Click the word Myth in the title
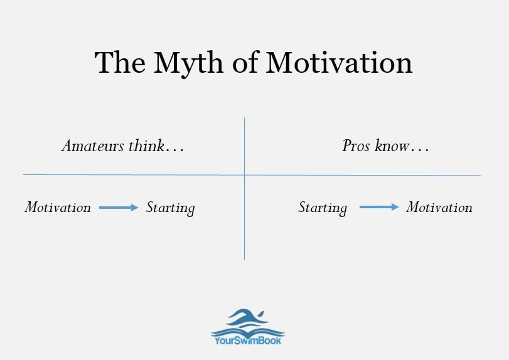point(188,64)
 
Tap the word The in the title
point(120,62)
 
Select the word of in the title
point(245,62)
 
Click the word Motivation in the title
point(339,62)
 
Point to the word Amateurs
point(93,146)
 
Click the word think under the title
point(146,145)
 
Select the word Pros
point(356,146)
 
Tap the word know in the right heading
point(392,145)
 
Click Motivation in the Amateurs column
point(58,207)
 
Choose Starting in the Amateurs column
point(171,208)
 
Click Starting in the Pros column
point(323,208)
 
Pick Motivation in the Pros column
point(439,207)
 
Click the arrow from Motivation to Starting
point(119,208)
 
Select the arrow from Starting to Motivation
point(379,207)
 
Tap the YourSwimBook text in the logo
point(248,341)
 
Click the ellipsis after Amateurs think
point(175,151)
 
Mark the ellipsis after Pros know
point(420,151)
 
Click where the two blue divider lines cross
point(244,175)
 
